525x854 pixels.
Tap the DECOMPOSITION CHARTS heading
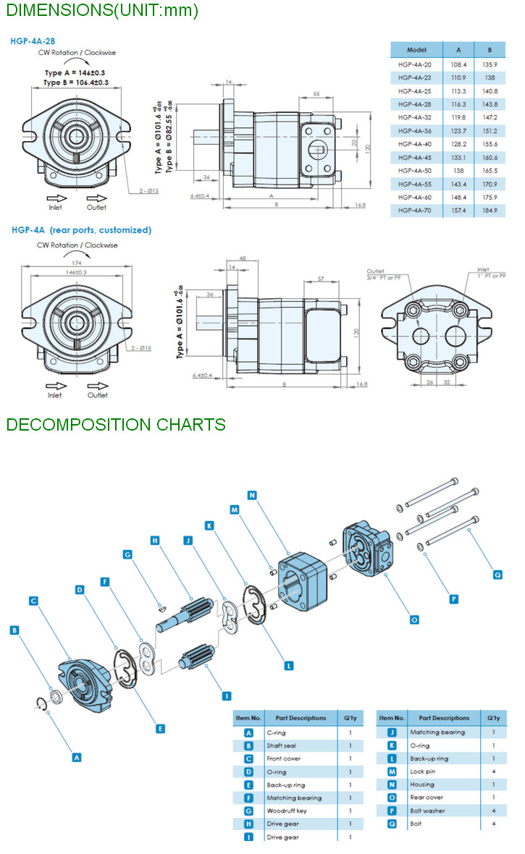[x=116, y=424]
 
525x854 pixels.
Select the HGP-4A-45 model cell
[x=414, y=158]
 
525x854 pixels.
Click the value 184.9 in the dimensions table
[x=490, y=211]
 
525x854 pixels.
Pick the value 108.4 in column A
[x=458, y=64]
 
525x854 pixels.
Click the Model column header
[x=416, y=51]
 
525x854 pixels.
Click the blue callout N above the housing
[x=252, y=495]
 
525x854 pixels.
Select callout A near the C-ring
[x=77, y=757]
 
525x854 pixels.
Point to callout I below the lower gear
[x=227, y=696]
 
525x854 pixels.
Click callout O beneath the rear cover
[x=414, y=620]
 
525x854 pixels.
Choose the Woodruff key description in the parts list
[x=286, y=811]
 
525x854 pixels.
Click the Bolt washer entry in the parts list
[x=427, y=811]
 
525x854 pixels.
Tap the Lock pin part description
[x=422, y=771]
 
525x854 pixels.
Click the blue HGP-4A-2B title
[x=33, y=41]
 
